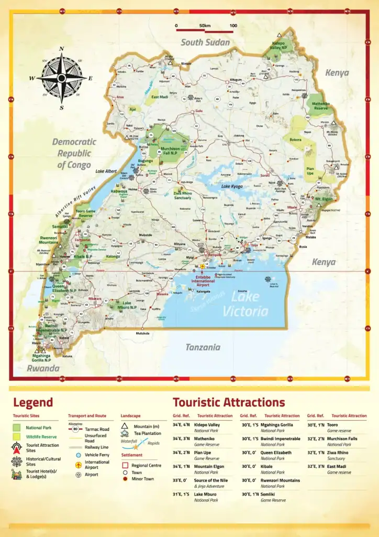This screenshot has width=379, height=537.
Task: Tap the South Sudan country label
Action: click(205, 42)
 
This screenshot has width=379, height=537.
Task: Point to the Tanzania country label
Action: click(203, 347)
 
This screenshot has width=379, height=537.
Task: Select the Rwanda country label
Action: click(43, 368)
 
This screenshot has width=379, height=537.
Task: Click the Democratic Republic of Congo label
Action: click(74, 153)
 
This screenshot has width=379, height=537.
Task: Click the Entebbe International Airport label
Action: click(203, 280)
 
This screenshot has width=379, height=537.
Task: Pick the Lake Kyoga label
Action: click(233, 186)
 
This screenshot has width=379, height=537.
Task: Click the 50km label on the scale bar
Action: click(204, 26)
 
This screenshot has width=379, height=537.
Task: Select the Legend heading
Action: click(33, 403)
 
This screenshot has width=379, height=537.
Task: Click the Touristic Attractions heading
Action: click(229, 403)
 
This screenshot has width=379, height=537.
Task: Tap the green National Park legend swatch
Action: click(17, 428)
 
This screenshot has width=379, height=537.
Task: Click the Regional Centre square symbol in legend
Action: click(125, 465)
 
